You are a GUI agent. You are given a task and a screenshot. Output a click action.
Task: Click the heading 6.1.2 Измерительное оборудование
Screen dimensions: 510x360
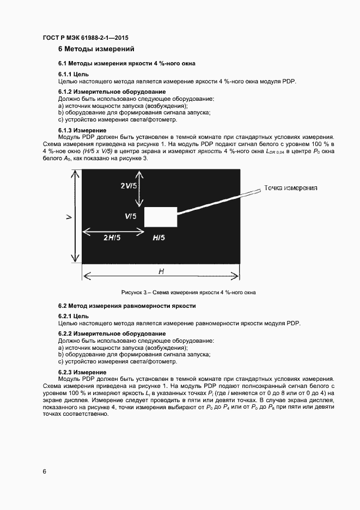tap(112, 92)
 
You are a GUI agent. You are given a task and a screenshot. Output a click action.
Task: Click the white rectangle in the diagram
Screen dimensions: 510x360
tap(161, 217)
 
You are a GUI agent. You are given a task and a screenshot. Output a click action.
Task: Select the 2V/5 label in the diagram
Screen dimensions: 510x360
tap(129, 185)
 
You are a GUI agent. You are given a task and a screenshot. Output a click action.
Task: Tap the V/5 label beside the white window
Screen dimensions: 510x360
tap(130, 216)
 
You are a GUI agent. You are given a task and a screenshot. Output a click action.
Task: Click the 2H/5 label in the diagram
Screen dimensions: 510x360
tap(112, 238)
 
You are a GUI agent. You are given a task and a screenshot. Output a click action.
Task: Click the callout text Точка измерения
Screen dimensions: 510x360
tap(290, 187)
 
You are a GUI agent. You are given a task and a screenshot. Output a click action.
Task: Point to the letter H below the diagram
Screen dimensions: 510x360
tap(161, 271)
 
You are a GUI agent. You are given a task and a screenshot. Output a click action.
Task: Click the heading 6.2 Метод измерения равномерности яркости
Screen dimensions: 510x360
tap(127, 306)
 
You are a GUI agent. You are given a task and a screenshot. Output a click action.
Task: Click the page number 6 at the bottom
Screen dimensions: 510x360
tap(44, 471)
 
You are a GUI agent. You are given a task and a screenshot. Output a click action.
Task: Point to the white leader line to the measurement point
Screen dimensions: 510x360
tap(218, 203)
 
